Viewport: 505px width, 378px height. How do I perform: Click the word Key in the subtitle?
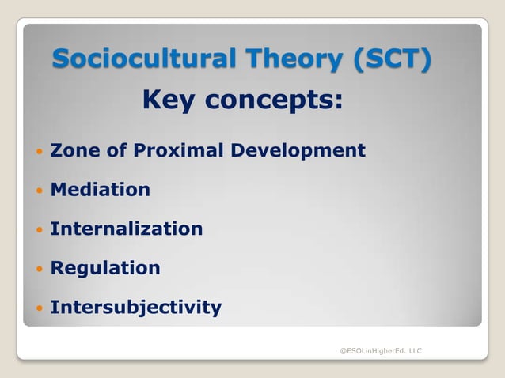click(x=169, y=100)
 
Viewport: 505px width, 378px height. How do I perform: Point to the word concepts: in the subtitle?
click(x=272, y=100)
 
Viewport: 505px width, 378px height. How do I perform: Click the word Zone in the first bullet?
click(x=73, y=150)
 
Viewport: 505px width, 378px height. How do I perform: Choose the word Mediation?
click(x=100, y=190)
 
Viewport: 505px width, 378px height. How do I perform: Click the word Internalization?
click(x=127, y=229)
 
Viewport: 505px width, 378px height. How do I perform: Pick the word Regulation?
click(x=105, y=268)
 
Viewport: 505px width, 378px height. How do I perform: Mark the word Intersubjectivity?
click(x=135, y=307)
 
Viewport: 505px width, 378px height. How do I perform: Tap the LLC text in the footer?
click(x=415, y=350)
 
